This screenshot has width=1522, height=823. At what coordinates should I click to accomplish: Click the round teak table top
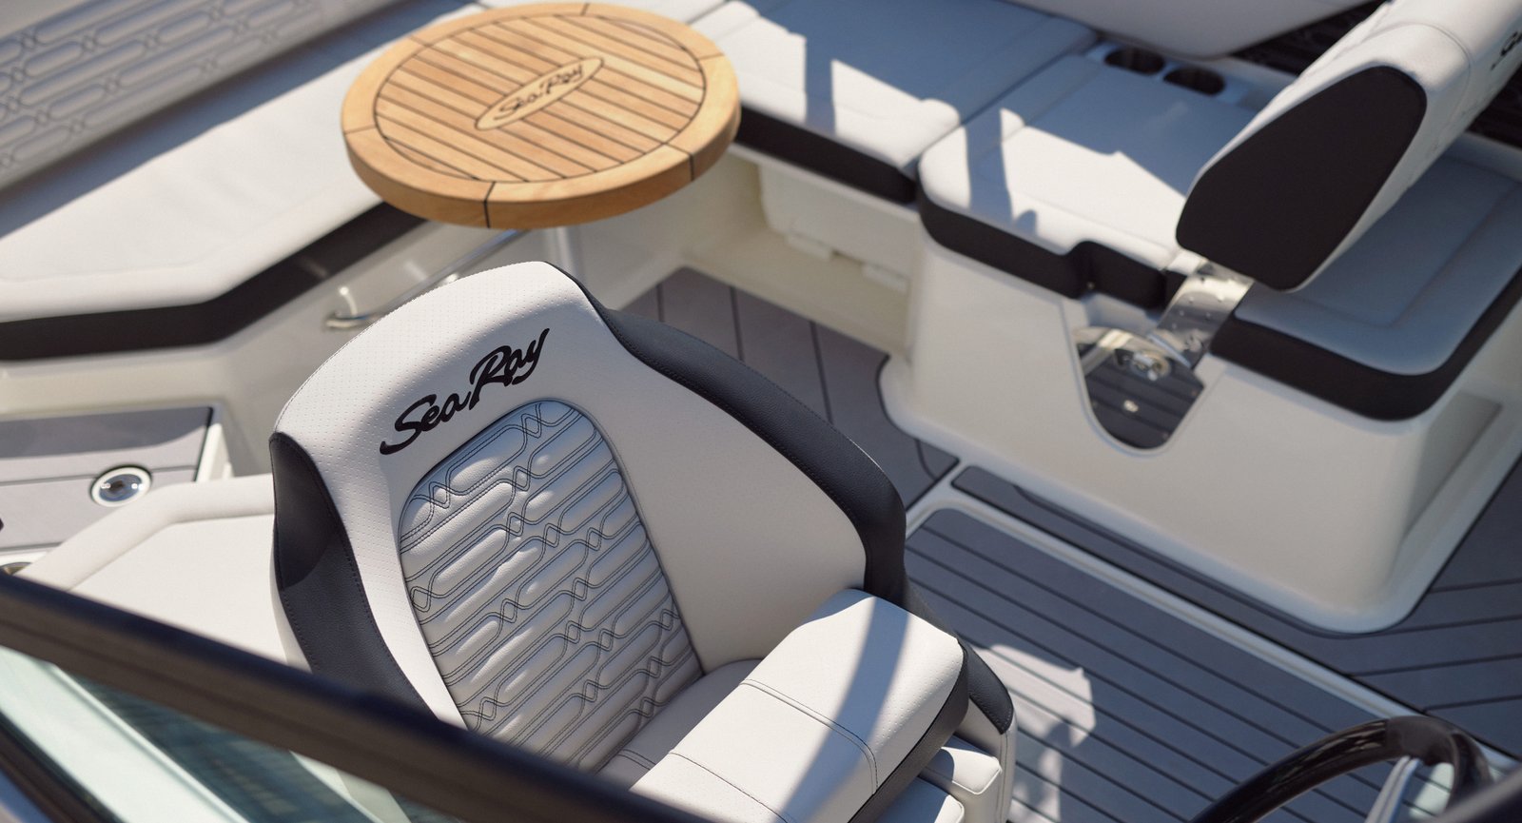coord(540,112)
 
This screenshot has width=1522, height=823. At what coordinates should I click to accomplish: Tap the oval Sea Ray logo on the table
coord(539,94)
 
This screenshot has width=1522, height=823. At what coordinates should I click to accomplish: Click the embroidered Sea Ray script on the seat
coord(464,391)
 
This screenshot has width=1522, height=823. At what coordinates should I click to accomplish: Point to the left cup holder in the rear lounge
coord(1134,61)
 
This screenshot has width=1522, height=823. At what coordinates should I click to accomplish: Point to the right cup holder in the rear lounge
coord(1193,81)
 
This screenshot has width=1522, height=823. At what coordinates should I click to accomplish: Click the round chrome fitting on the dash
coord(120,485)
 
